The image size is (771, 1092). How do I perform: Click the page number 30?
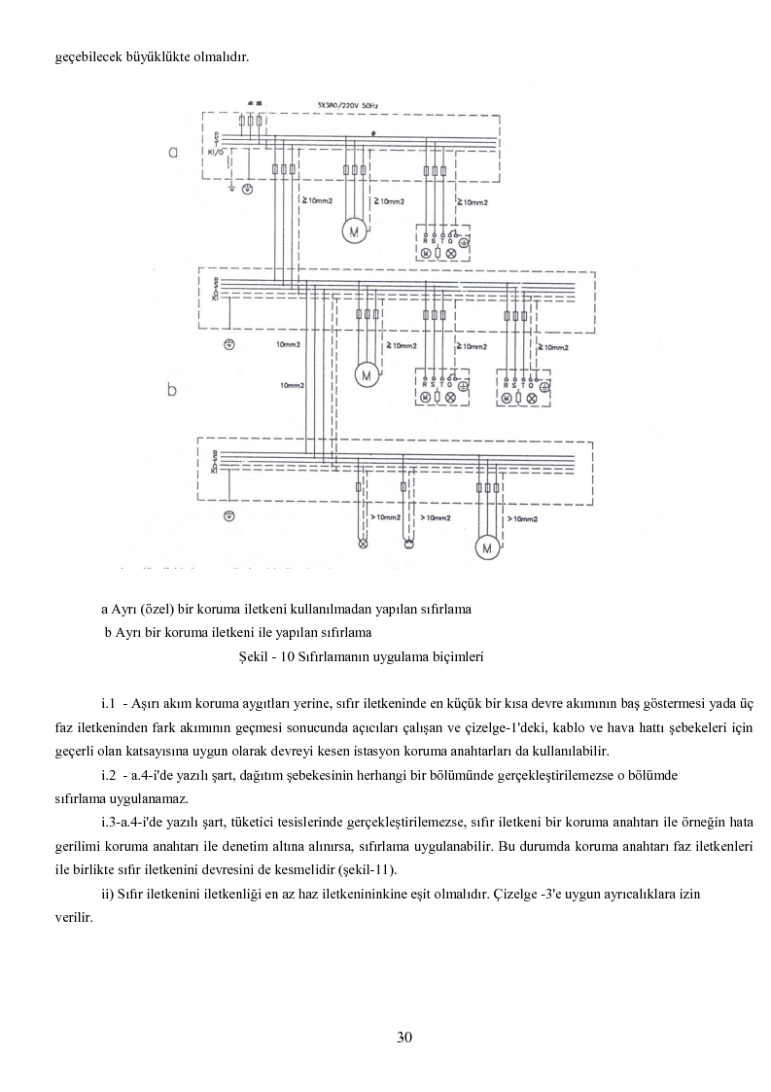[x=404, y=1037]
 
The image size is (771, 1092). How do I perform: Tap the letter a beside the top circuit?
[x=172, y=153]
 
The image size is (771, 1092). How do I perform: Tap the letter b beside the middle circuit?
[x=172, y=391]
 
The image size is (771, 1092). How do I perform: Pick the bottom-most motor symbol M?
[x=488, y=548]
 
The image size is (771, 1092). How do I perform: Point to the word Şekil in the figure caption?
[x=254, y=656]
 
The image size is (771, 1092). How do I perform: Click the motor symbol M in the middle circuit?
[x=368, y=374]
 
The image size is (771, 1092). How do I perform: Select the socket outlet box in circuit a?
[x=443, y=243]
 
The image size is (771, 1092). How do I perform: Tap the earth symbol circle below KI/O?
[x=246, y=188]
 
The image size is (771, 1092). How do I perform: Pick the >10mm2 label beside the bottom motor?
[x=523, y=520]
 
